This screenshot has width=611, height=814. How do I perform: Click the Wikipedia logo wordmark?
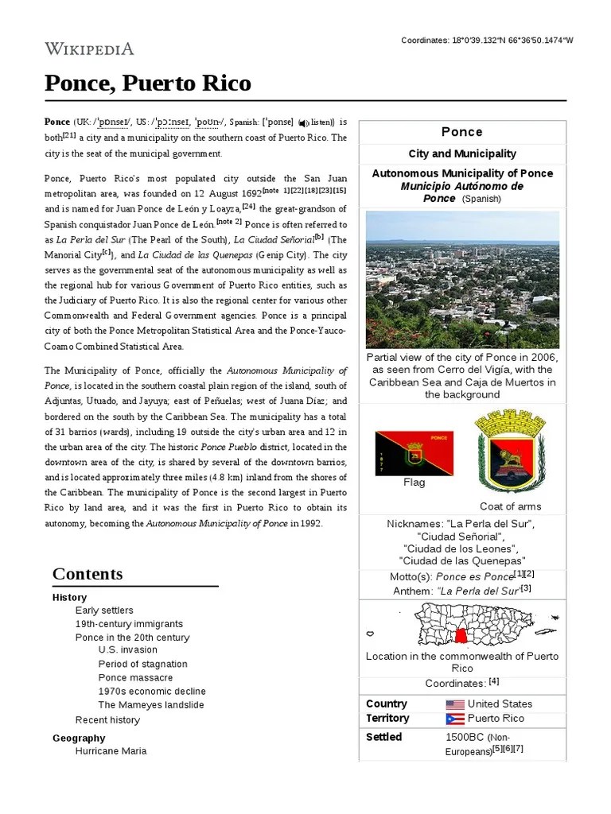pos(89,48)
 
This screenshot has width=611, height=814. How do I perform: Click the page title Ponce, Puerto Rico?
pos(148,83)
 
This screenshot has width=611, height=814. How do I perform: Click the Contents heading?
pos(88,574)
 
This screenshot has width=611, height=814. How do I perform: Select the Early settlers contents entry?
pos(104,610)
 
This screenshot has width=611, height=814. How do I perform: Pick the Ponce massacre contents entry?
pos(135,678)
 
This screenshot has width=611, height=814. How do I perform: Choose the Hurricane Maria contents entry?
pos(111,751)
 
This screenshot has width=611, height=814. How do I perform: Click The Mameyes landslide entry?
pos(151,705)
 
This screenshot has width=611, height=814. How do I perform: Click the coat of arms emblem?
pos(510,452)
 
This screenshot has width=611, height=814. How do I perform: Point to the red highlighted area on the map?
pos(461,636)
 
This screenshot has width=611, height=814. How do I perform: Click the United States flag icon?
pos(455,704)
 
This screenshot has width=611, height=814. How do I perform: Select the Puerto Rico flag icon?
pos(455,719)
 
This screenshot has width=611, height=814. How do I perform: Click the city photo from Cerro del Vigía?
pos(462,279)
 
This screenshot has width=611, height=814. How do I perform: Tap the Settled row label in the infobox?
pos(383,737)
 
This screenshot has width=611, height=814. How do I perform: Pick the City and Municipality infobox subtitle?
pos(462,153)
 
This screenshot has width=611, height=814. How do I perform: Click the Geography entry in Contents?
pos(79,738)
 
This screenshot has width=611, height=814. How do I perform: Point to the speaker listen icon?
pos(303,123)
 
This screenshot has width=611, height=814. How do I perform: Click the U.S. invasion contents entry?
pos(127,650)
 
